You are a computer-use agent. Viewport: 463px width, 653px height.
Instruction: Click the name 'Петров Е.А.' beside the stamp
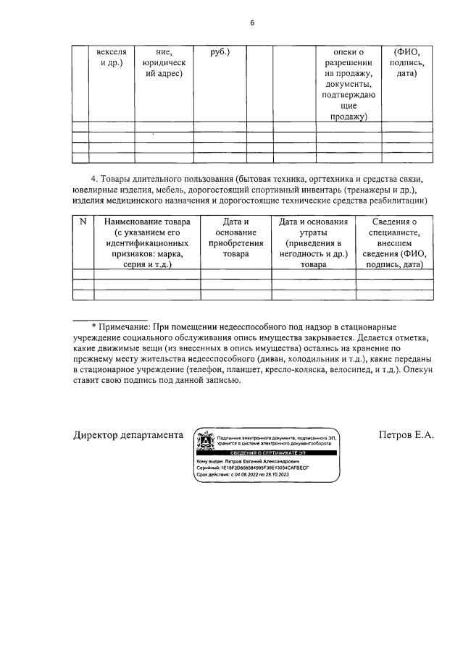406,435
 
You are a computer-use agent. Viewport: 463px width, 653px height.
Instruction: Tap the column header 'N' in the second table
83,222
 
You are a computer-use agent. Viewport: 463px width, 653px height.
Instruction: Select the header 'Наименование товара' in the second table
147,222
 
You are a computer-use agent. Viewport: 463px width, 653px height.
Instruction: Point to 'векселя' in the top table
111,52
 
